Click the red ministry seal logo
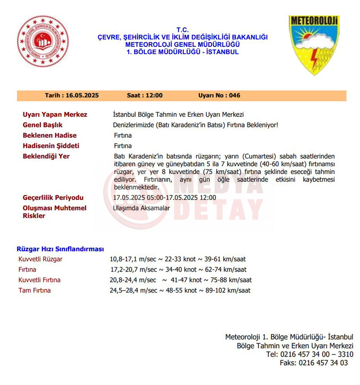(43, 41)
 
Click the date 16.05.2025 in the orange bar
(72, 96)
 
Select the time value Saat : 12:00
(144, 96)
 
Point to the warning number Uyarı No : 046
(219, 96)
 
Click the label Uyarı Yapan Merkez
(55, 115)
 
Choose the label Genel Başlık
(43, 125)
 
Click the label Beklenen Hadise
(49, 136)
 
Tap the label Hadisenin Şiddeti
(51, 146)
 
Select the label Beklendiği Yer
(46, 156)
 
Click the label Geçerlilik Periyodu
(53, 198)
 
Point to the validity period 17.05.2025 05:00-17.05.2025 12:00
(164, 198)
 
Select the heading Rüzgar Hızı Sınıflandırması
(60, 249)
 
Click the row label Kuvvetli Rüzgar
(40, 259)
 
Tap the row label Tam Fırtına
(35, 290)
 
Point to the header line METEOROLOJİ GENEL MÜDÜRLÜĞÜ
(182, 45)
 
